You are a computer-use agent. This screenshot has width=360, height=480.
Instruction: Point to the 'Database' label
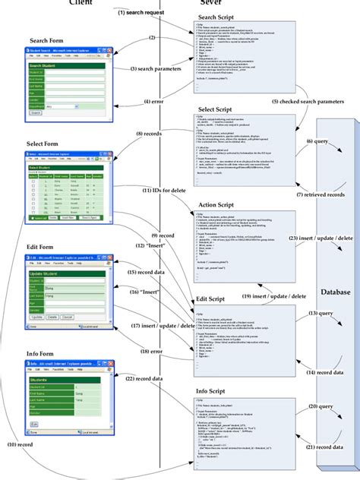(x=335, y=270)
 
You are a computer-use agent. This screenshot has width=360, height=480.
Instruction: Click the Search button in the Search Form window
(x=36, y=112)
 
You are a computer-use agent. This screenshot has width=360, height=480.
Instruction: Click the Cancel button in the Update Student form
(x=69, y=315)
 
